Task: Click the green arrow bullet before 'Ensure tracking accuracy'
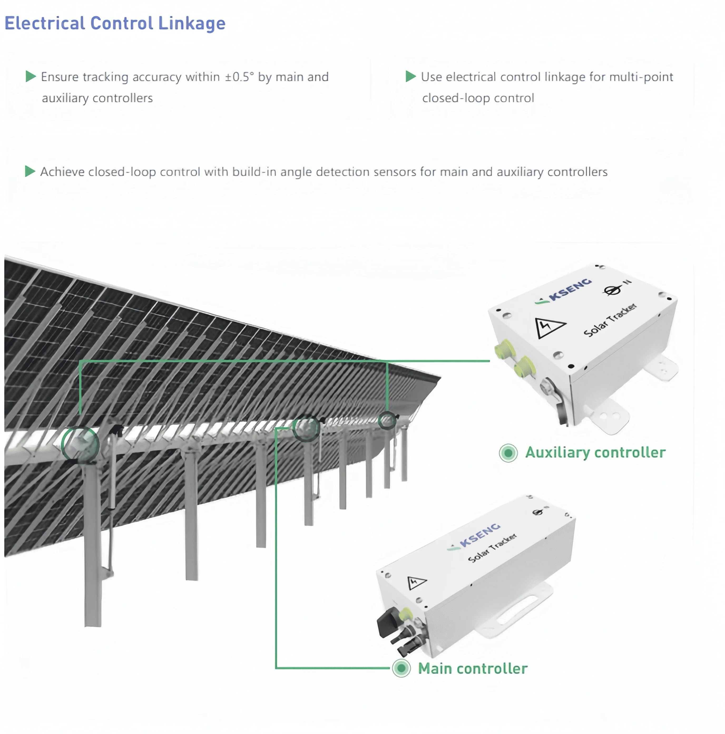(x=30, y=76)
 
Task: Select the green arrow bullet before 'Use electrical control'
(x=410, y=76)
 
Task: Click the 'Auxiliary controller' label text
(x=595, y=452)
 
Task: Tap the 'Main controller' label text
(x=473, y=669)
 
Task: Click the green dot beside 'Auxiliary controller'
(x=508, y=453)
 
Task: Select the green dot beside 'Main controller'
(x=401, y=668)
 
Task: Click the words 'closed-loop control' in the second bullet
(x=478, y=98)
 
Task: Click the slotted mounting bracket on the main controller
(x=516, y=612)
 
